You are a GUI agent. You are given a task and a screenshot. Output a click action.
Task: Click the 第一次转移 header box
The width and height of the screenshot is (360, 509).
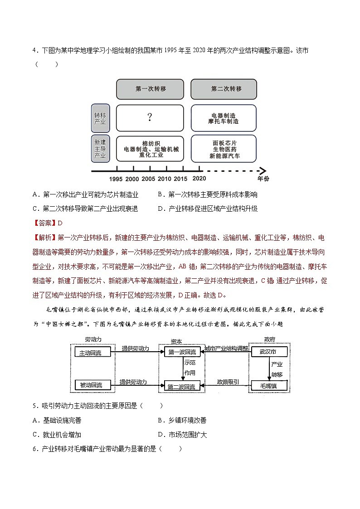coord(150,89)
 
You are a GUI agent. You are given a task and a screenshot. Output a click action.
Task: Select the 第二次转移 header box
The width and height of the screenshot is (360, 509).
coord(224,89)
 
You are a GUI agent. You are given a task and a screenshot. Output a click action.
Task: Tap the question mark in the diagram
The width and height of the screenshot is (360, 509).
coord(150,118)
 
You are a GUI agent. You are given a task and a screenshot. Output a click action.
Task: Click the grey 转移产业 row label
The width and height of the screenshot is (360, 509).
coord(100,118)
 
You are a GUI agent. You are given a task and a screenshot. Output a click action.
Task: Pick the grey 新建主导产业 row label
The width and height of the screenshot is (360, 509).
coord(100,148)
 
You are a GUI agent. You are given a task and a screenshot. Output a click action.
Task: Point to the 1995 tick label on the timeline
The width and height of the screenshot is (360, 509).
coord(116,179)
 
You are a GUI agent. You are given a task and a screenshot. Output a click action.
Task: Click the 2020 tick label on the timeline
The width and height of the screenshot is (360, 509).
coord(199,179)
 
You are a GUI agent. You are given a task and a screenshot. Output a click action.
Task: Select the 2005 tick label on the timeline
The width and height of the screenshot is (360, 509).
coord(148,179)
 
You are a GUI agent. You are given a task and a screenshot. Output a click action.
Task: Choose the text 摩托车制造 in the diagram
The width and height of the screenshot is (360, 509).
coord(224,121)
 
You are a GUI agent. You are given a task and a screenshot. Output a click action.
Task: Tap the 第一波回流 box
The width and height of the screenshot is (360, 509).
coord(181,352)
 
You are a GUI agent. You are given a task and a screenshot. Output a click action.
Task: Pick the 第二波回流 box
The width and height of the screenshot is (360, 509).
coord(181,387)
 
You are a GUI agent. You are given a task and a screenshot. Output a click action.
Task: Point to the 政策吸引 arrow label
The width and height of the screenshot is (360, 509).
coord(228,382)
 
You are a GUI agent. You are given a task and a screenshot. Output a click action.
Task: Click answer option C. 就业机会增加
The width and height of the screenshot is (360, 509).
coord(57,435)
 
